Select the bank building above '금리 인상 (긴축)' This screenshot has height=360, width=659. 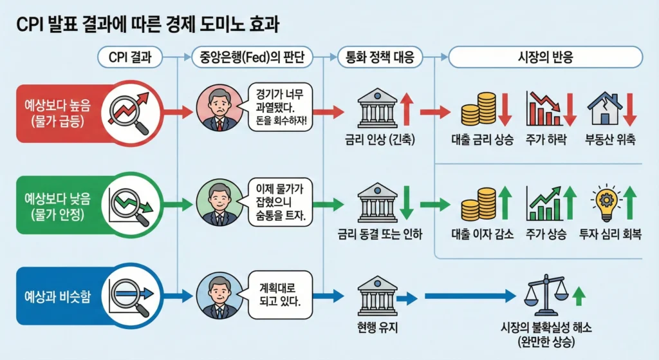tap(378, 109)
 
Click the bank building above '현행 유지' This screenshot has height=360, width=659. tap(378, 296)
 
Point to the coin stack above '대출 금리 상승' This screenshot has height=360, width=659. tap(479, 109)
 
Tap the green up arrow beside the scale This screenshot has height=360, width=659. tap(579, 296)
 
